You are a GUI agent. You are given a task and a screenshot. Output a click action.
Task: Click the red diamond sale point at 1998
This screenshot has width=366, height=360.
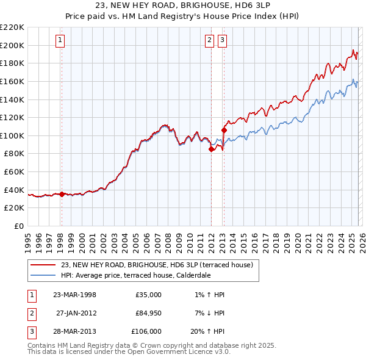coord(62,194)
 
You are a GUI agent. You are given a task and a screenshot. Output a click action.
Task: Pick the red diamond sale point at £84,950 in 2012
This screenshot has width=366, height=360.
coord(211,148)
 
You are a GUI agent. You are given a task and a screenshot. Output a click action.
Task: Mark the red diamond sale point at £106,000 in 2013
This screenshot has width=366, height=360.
coord(224,129)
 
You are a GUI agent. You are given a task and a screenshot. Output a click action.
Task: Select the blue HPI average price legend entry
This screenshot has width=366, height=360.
coord(135,275)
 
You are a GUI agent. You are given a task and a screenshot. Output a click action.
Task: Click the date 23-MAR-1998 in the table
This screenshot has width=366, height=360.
coord(74,295)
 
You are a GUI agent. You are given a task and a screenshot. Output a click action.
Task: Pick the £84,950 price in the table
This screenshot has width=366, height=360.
coord(149,313)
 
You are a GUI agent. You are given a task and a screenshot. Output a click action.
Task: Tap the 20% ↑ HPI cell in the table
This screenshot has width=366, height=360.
coord(207,331)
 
